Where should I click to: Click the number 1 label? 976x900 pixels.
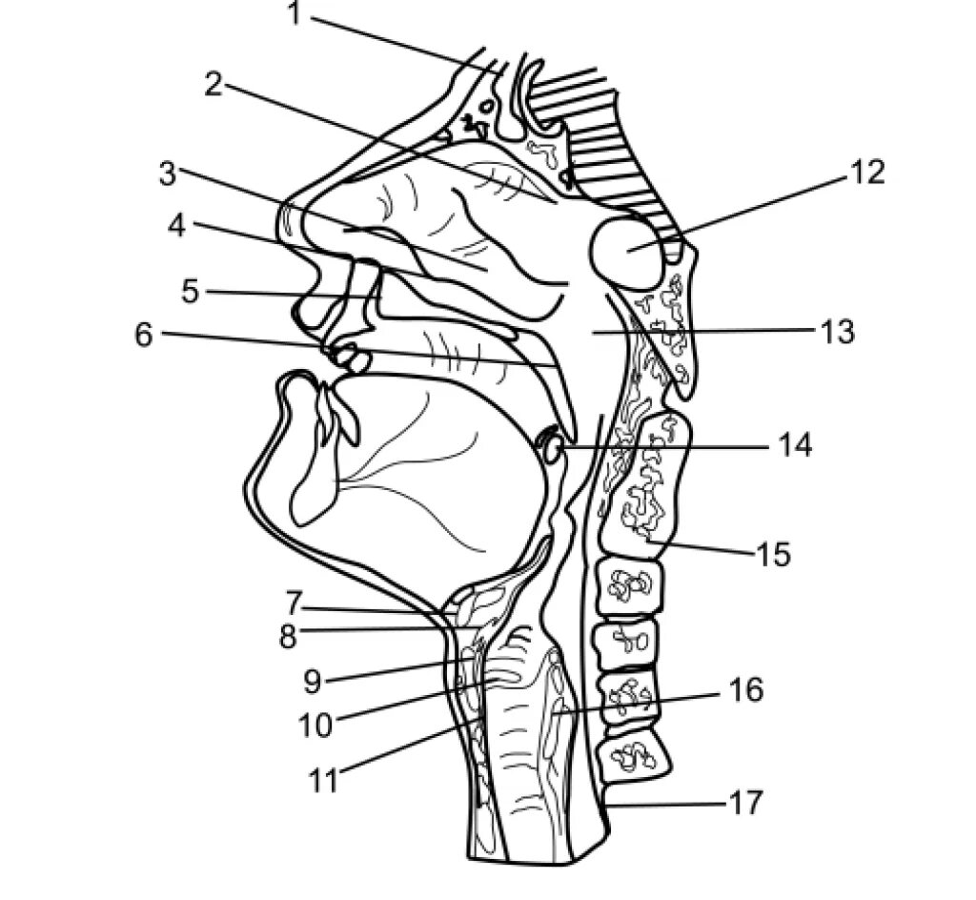coord(295,15)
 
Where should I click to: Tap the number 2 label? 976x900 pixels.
coord(213,84)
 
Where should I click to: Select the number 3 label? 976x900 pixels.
coord(168,174)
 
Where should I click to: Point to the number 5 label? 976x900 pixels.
coord(191,291)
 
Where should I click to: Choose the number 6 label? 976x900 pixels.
coord(143,335)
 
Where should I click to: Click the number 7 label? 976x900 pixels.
coord(294,603)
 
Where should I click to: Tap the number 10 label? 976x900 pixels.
coord(315,726)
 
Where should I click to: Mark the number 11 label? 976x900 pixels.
coord(323,780)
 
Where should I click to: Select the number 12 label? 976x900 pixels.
coord(868,173)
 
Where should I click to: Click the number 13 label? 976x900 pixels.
coord(836,332)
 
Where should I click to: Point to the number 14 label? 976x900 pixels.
coord(793,444)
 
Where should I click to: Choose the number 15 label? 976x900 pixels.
coord(773,553)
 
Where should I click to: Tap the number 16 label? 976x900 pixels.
coord(746,689)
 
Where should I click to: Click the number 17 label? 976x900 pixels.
coord(747,803)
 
